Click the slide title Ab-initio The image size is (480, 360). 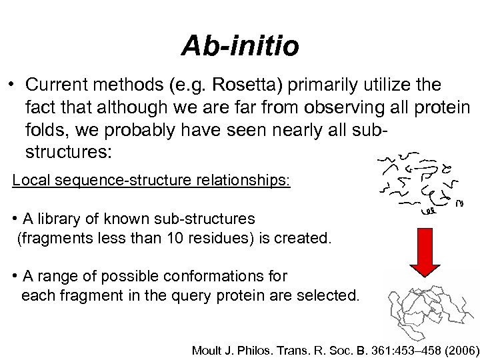pyautogui.click(x=240, y=47)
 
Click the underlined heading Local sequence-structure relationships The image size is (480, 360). pyautogui.click(x=151, y=181)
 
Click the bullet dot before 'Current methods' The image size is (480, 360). pyautogui.click(x=12, y=85)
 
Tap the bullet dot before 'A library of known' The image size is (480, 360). pyautogui.click(x=15, y=219)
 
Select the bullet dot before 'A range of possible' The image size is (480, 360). pyautogui.click(x=15, y=275)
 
